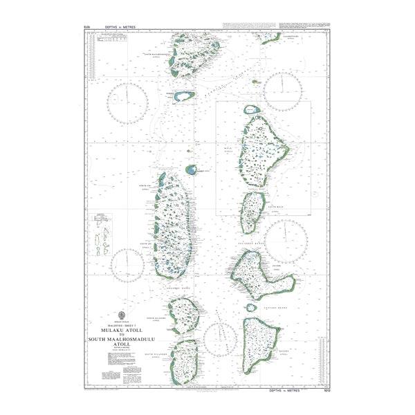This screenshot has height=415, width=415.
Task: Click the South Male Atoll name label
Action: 275,206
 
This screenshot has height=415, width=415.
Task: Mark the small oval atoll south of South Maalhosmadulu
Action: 183,98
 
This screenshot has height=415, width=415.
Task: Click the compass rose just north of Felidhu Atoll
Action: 286,240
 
